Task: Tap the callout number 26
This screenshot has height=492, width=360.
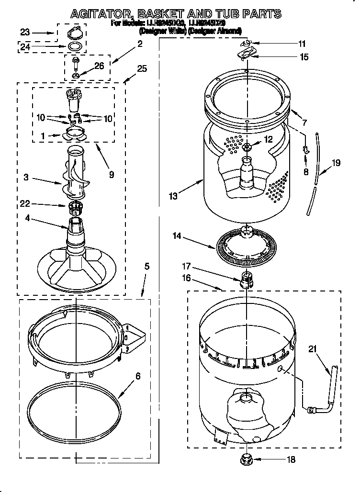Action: [99, 67]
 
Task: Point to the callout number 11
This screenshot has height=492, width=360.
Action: [302, 44]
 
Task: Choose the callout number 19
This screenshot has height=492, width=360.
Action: [336, 163]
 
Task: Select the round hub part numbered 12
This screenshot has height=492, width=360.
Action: [247, 147]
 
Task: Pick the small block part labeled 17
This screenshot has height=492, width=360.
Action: [246, 279]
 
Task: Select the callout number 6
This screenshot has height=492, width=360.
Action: [138, 376]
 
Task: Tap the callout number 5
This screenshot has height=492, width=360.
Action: [147, 266]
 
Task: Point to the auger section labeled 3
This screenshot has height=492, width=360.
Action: [74, 175]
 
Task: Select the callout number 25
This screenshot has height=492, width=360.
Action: [142, 68]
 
